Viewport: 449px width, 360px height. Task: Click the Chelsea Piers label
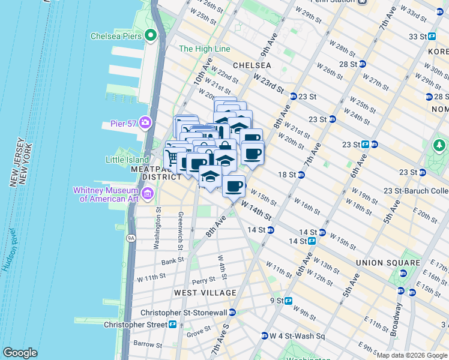coord(116,36)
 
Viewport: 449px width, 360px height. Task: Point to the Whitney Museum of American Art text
coord(109,194)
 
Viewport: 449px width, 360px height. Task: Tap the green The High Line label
coord(205,49)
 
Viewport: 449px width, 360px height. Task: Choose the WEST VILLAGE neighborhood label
coord(205,292)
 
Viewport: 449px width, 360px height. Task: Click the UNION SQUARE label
coord(388,263)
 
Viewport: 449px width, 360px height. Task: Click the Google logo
coord(20,353)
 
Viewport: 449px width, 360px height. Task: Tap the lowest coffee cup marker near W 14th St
coord(234,185)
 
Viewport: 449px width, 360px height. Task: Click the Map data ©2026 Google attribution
coord(411,355)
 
